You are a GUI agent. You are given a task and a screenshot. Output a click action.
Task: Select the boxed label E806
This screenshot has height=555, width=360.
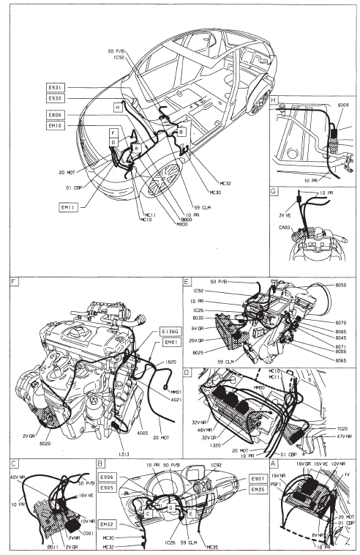tap(55, 116)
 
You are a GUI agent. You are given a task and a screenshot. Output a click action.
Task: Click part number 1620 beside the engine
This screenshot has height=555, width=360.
tap(171, 361)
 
